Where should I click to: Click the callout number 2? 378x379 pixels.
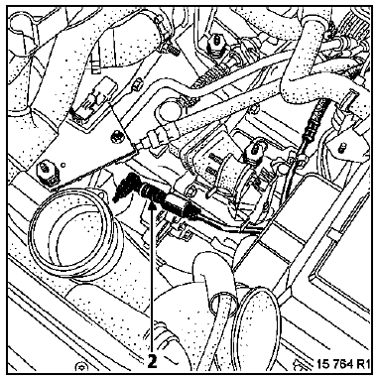[152, 362]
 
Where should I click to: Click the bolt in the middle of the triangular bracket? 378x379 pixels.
[116, 136]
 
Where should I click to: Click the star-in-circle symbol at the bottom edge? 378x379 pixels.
[79, 367]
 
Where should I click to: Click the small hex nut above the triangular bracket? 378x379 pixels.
[136, 88]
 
